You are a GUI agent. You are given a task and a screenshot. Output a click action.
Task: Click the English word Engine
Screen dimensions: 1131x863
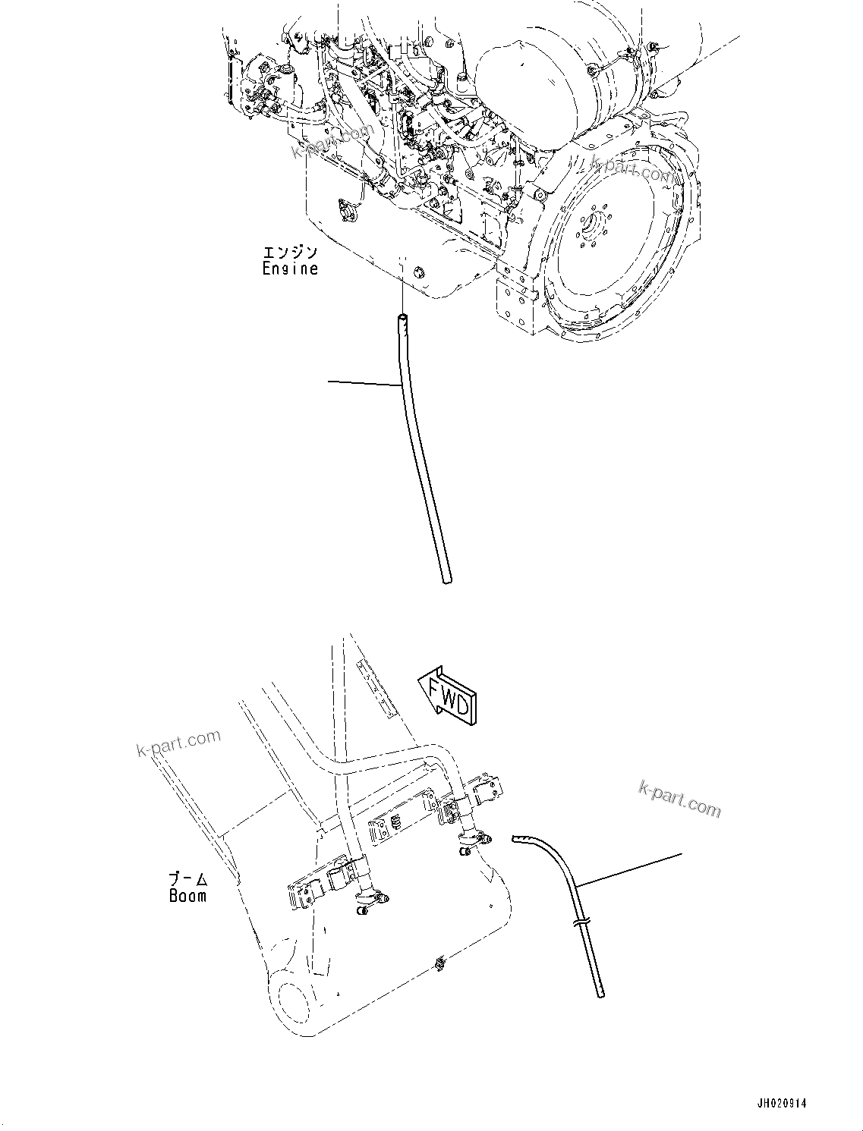tap(290, 269)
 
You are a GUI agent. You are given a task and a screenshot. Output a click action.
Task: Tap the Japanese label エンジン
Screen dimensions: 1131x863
tap(290, 252)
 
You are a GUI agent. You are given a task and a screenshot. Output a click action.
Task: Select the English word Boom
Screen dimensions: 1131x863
tap(187, 896)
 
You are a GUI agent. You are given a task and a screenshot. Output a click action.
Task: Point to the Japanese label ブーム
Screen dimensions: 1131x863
tap(187, 880)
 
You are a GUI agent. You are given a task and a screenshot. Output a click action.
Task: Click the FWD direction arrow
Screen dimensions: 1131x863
tap(447, 690)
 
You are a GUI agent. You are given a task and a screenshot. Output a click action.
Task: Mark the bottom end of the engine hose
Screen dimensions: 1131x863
tap(446, 581)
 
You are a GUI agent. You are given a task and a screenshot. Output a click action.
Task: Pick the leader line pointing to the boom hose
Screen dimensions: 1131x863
tap(630, 870)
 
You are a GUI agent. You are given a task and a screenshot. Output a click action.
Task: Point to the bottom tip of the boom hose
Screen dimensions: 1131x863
tap(600, 991)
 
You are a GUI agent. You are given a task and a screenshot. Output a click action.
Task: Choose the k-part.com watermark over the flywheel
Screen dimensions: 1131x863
tap(632, 171)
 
